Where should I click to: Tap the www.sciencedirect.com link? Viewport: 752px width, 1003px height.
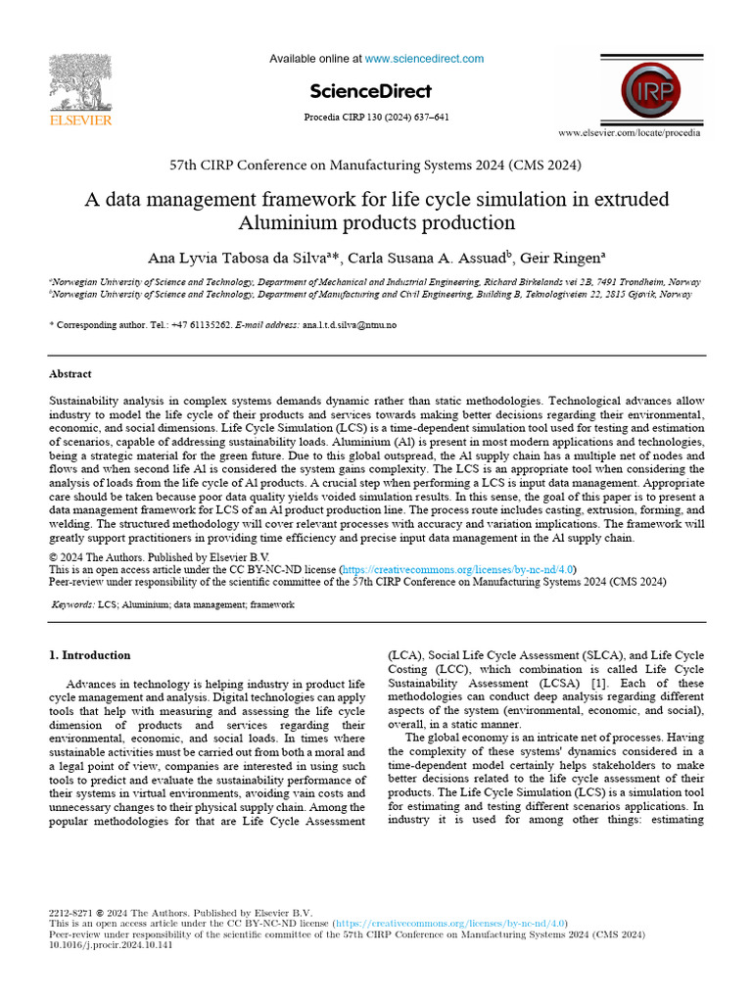424,59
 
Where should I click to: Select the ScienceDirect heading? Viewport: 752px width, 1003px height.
370,92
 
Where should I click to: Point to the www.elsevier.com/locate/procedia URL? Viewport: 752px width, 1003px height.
629,132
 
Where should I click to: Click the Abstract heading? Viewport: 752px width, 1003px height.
70,374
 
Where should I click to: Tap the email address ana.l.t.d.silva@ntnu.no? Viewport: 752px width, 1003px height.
350,324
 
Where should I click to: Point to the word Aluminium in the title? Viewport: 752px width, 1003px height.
293,223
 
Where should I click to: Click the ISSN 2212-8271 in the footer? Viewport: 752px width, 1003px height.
72,913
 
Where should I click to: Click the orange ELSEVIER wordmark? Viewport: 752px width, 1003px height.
82,120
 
